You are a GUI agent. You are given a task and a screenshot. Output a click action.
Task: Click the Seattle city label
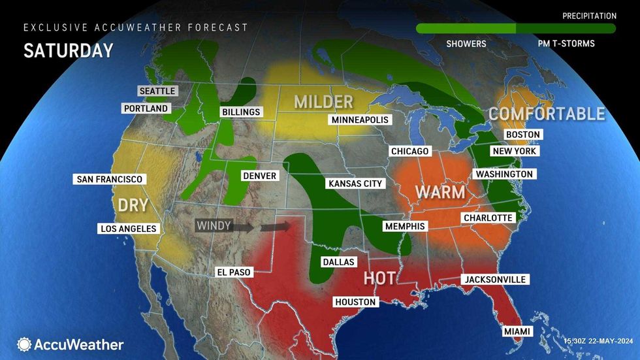click(157, 91)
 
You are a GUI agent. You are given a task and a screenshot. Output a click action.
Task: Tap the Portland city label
click(146, 108)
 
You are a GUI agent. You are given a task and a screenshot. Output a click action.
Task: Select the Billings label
click(240, 112)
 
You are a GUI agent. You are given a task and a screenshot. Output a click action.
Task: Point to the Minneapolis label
click(360, 120)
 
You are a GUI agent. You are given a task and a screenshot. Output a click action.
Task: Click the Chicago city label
click(409, 152)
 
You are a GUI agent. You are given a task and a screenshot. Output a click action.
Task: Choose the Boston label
click(523, 135)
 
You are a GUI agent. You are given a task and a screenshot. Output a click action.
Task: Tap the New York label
click(515, 151)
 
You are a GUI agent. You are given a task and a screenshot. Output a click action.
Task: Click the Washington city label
click(504, 174)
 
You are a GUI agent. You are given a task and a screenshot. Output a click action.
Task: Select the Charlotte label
click(488, 218)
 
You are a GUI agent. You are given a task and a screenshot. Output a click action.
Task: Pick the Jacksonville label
click(494, 280)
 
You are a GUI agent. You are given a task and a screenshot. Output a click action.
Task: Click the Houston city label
click(355, 302)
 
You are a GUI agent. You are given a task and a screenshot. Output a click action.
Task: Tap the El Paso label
click(233, 272)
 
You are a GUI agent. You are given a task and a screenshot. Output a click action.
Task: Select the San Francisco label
click(109, 179)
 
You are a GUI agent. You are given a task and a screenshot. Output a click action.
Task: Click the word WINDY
click(214, 226)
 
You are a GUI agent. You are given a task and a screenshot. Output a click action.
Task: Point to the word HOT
click(379, 278)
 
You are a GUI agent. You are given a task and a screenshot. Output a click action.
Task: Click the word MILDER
click(323, 102)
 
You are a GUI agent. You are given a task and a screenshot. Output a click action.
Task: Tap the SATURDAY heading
click(69, 51)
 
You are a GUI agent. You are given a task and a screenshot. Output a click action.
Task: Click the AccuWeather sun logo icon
click(24, 344)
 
